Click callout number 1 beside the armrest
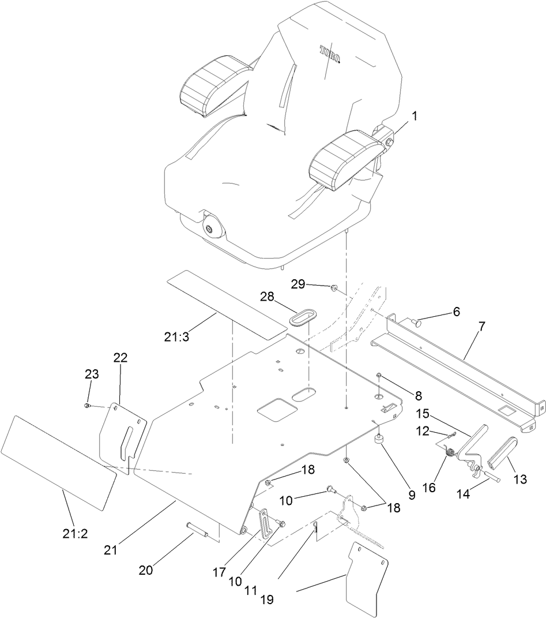tap(415, 115)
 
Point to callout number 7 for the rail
tap(481, 326)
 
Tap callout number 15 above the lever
tap(423, 414)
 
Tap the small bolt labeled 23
tap(86, 406)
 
